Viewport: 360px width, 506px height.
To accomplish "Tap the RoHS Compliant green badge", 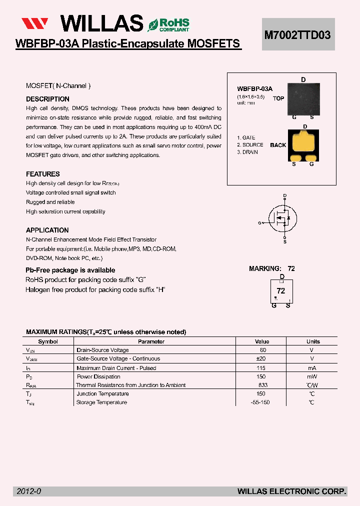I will click(168, 24).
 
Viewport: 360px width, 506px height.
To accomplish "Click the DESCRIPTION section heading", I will click(47, 99).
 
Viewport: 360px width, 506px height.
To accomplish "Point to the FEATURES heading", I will click(43, 174).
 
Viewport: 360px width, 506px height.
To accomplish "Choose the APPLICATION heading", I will click(47, 230).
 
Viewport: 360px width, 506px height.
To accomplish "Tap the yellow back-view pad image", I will click(303, 145).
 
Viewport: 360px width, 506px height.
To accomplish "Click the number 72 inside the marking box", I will click(281, 290).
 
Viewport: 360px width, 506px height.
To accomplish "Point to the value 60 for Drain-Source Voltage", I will click(263, 350).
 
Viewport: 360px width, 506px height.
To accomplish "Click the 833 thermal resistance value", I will click(263, 385).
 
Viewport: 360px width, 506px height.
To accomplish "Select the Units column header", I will click(313, 341).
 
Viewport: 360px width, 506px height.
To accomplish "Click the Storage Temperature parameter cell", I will click(101, 402).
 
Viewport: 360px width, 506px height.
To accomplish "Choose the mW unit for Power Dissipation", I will click(311, 376).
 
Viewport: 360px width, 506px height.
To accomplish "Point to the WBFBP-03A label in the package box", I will click(254, 88).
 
